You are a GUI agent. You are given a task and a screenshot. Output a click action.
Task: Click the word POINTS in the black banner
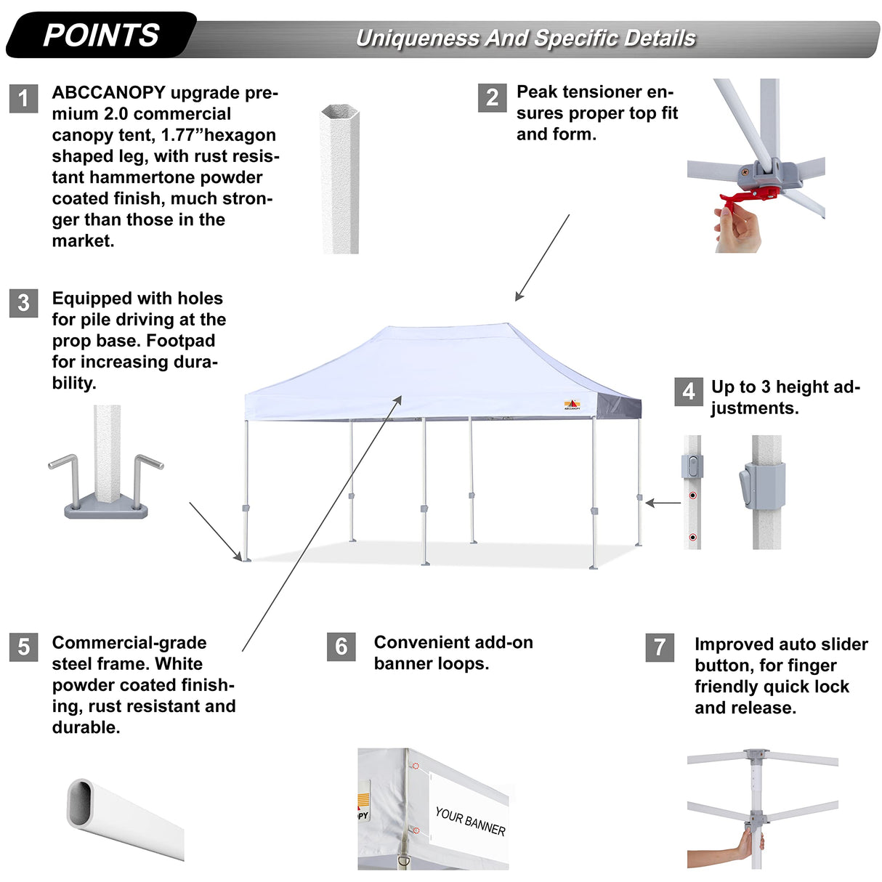[101, 35]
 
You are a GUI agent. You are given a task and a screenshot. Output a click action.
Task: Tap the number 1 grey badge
[23, 98]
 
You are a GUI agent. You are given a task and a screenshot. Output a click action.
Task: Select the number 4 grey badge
[688, 392]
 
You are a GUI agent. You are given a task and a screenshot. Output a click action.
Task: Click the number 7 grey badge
[659, 647]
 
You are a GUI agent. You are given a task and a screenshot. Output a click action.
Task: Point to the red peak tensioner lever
[748, 197]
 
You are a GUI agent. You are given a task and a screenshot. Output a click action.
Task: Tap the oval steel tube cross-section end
[81, 803]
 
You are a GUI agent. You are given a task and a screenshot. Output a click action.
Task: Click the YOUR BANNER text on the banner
[470, 821]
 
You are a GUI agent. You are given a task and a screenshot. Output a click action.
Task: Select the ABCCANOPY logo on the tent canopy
[572, 405]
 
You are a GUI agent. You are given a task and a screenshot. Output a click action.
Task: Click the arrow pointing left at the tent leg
[663, 503]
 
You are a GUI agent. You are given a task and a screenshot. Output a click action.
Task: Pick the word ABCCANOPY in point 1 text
[108, 93]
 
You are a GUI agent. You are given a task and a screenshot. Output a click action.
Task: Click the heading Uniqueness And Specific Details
[525, 38]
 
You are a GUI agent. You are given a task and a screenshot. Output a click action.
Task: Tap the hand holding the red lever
[737, 229]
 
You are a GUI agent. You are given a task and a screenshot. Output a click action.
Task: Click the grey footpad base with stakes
[106, 506]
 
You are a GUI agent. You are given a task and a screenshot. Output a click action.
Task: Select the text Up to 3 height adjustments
[785, 397]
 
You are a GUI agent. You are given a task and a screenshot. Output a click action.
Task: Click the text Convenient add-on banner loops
[453, 652]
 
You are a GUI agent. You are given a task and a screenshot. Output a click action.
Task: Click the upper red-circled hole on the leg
[692, 495]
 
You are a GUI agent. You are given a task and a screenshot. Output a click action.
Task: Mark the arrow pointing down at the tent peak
[542, 257]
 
